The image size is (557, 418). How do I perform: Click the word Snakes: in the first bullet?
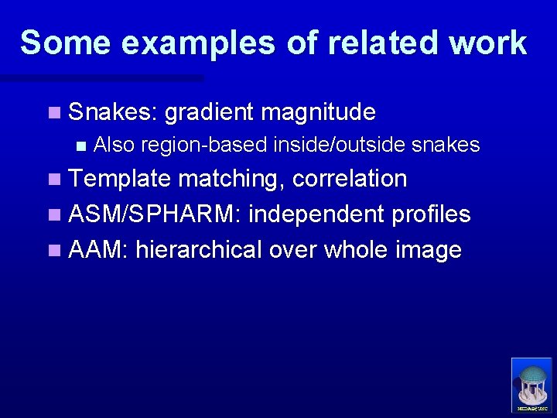[x=113, y=113]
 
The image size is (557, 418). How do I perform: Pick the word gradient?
[x=209, y=113]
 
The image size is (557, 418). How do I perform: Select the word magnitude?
[x=318, y=113]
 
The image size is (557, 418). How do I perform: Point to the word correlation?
[x=350, y=179]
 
